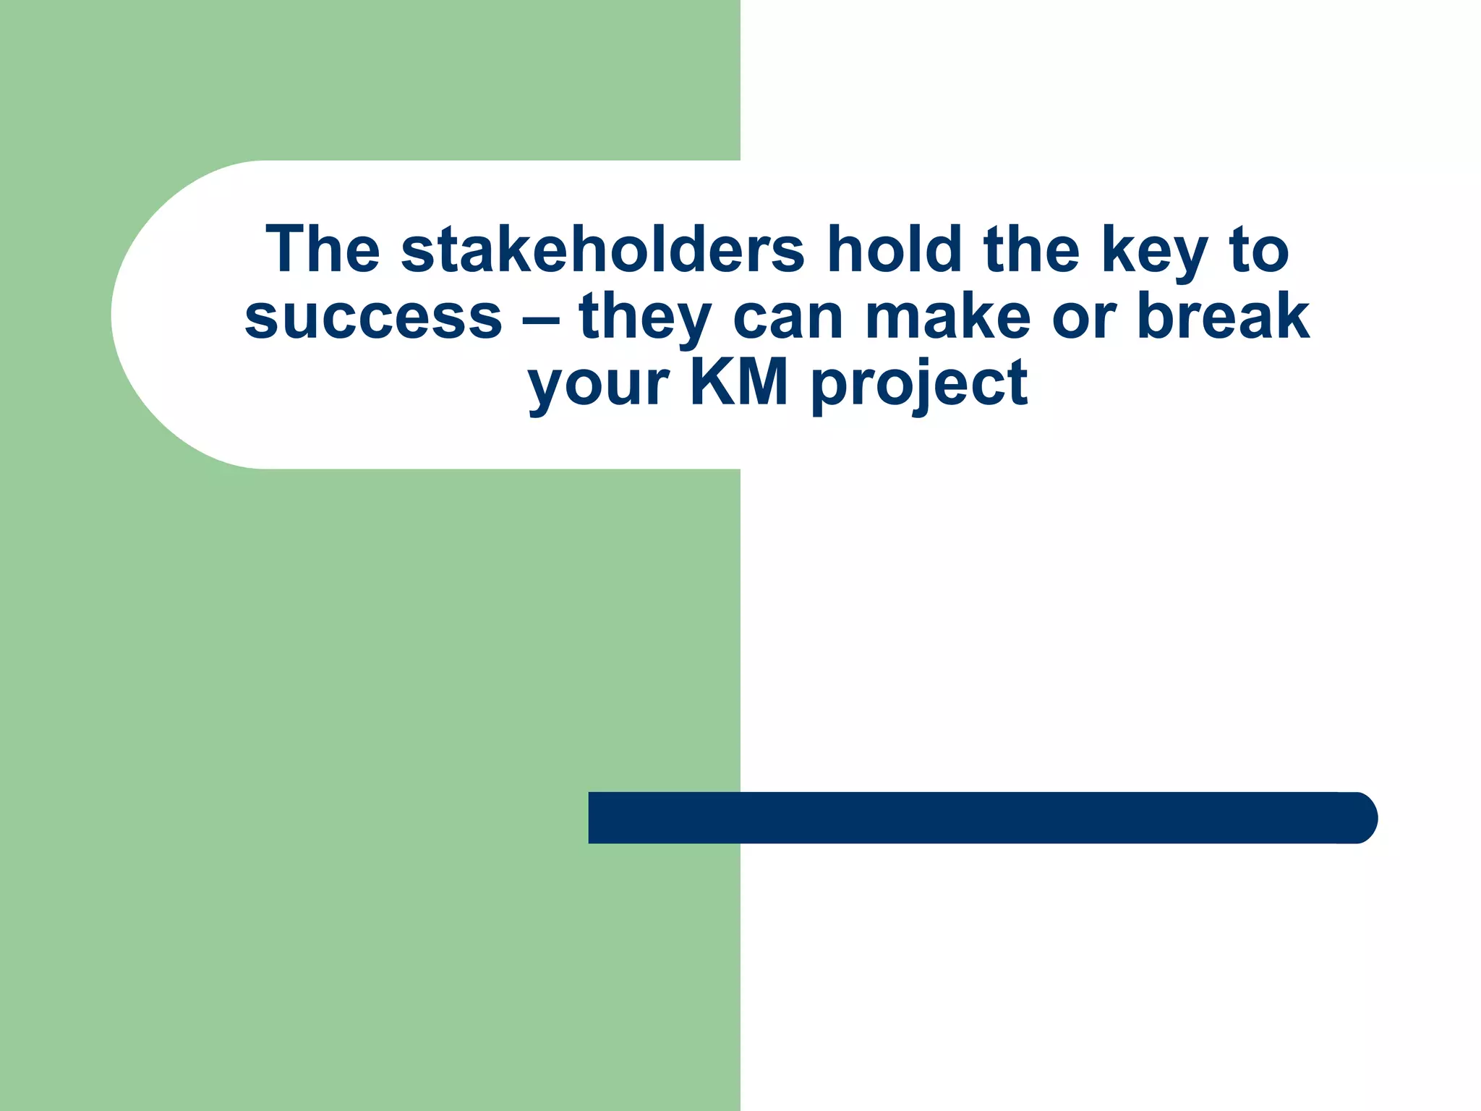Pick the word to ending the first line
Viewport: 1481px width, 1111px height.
(1259, 250)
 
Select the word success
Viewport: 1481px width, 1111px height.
(373, 317)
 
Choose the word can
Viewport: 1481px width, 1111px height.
(788, 317)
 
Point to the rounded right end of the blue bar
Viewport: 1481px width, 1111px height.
(1360, 817)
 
